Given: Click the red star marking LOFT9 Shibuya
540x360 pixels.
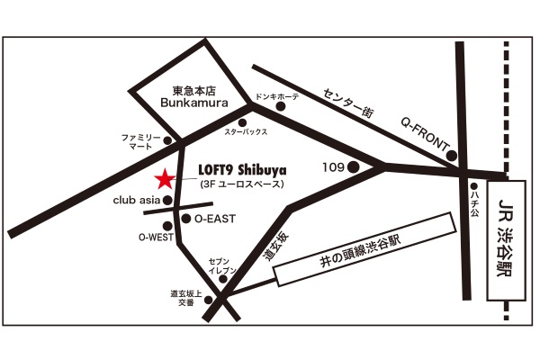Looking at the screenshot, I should tap(165, 177).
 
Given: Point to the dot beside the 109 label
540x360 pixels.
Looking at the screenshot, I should tap(354, 166).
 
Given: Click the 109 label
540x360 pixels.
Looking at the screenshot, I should tap(333, 166).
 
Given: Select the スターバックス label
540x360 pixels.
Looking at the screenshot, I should tap(246, 132).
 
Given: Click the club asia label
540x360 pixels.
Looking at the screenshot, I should tap(138, 201).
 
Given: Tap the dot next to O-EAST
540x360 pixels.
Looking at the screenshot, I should tap(186, 218).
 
